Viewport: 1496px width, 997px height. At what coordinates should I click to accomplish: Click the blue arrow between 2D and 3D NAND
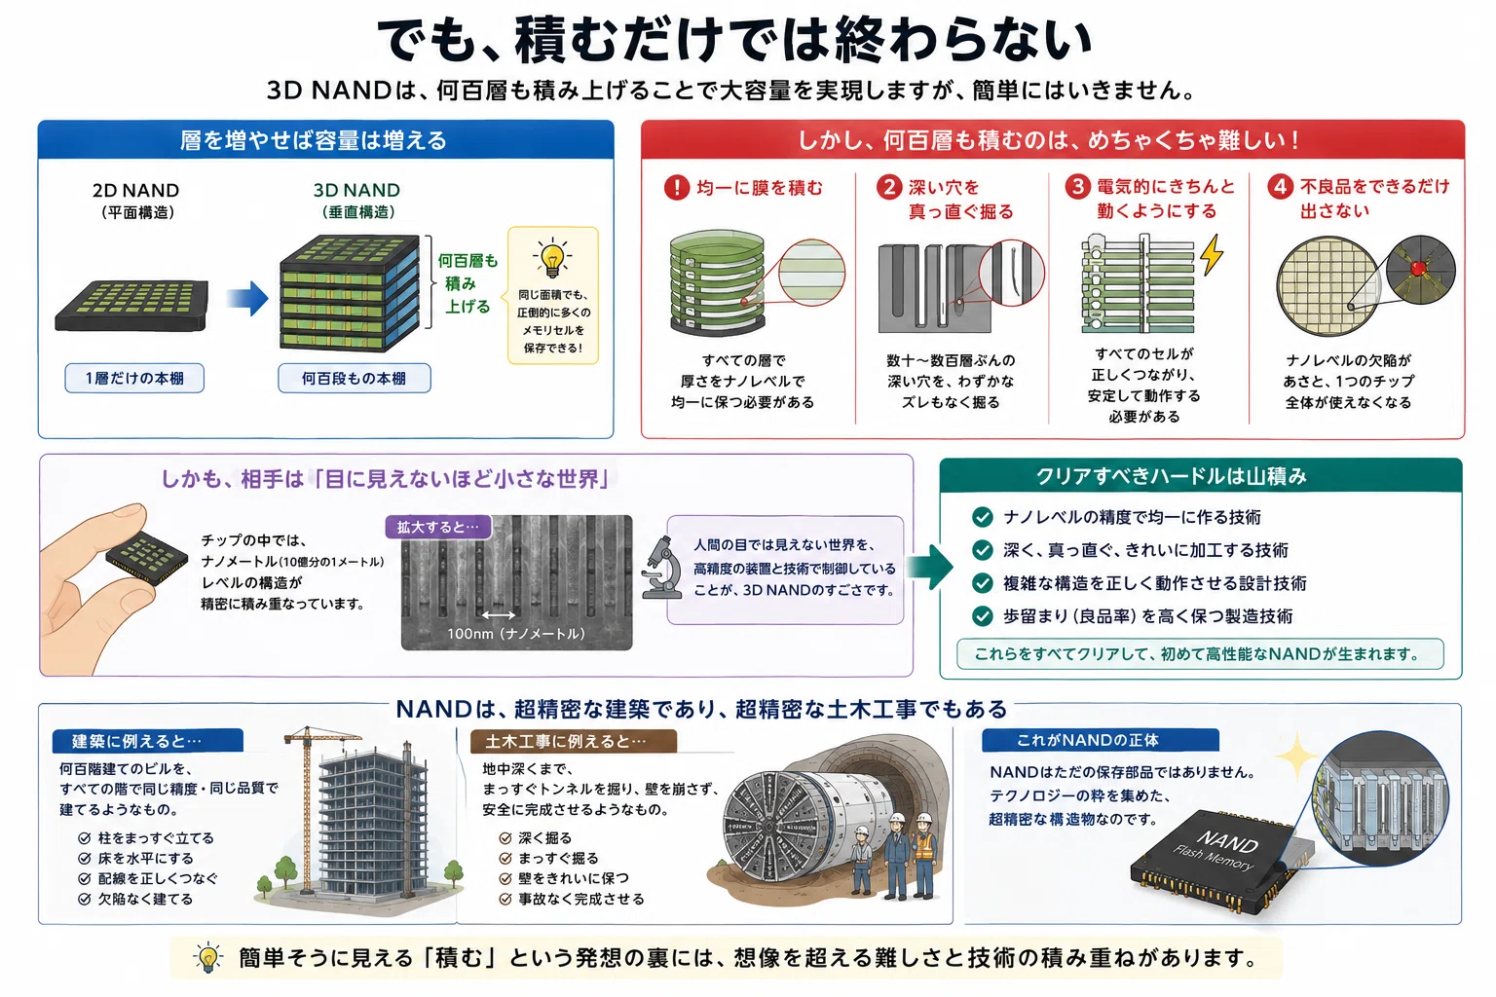pos(247,298)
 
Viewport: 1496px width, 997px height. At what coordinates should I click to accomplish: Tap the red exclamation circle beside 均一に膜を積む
pos(677,188)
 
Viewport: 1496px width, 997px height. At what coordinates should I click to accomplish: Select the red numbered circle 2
pos(889,187)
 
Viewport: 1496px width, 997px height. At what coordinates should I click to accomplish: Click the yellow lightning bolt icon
pos(1213,255)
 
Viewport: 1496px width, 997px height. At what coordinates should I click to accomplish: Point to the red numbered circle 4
pos(1280,186)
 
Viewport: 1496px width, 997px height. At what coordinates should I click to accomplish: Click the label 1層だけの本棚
pos(134,379)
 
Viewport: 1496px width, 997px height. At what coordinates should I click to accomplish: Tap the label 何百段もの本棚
pos(354,379)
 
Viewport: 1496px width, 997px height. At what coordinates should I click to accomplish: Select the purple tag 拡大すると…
pos(438,527)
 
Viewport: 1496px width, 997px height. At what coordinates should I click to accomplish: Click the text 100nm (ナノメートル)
pos(515,634)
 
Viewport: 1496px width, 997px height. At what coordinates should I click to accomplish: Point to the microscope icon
pos(661,568)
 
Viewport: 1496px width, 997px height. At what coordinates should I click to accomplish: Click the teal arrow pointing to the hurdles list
pos(932,567)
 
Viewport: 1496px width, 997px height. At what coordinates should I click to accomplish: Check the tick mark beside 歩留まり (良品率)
pos(983,615)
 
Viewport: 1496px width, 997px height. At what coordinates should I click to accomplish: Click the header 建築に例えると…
pos(148,741)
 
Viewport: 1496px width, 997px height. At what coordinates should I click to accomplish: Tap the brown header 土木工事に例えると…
pos(573,741)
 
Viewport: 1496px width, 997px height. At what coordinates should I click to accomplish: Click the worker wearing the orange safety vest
pos(923,855)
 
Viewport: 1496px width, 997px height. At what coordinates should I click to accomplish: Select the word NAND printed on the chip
pos(1227,843)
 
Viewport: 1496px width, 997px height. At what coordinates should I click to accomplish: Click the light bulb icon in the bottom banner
pos(207,958)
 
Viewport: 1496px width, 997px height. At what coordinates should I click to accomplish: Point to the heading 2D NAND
pos(135,190)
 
